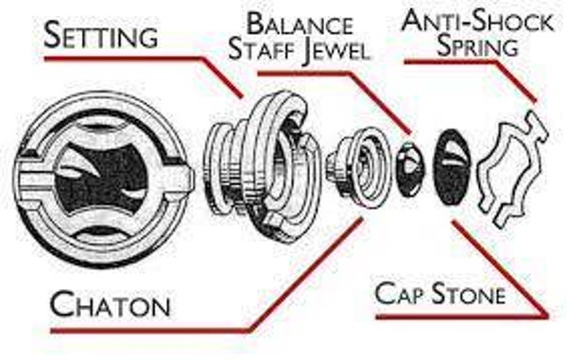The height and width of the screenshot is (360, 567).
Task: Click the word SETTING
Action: point(100,35)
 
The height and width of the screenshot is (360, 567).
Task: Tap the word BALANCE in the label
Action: point(300,25)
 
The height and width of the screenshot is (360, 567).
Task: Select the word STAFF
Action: point(264,49)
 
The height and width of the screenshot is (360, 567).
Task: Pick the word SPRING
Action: point(476,45)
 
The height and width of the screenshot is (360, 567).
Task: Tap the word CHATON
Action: point(110,304)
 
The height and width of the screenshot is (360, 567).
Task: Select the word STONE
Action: point(468,293)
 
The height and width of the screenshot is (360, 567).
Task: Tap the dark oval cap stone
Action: point(453,167)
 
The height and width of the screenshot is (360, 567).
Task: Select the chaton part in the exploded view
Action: point(360,167)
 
